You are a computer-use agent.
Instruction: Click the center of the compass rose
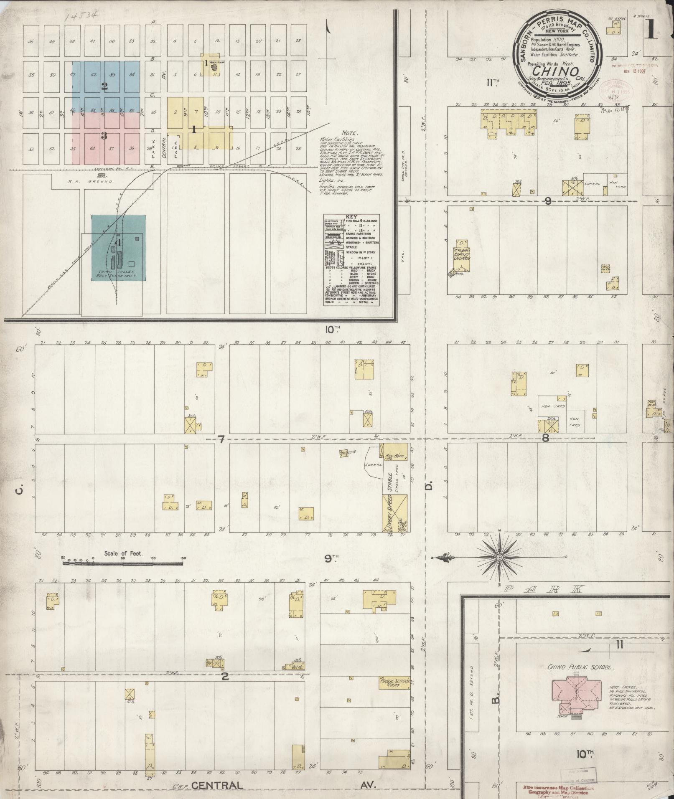tap(499, 558)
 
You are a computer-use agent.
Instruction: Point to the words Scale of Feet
tap(123, 553)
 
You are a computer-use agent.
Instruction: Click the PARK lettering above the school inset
tap(543, 589)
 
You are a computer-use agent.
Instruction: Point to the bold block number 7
tap(221, 439)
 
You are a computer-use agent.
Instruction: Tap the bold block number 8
tap(545, 438)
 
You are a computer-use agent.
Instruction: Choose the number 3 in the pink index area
tap(104, 135)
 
